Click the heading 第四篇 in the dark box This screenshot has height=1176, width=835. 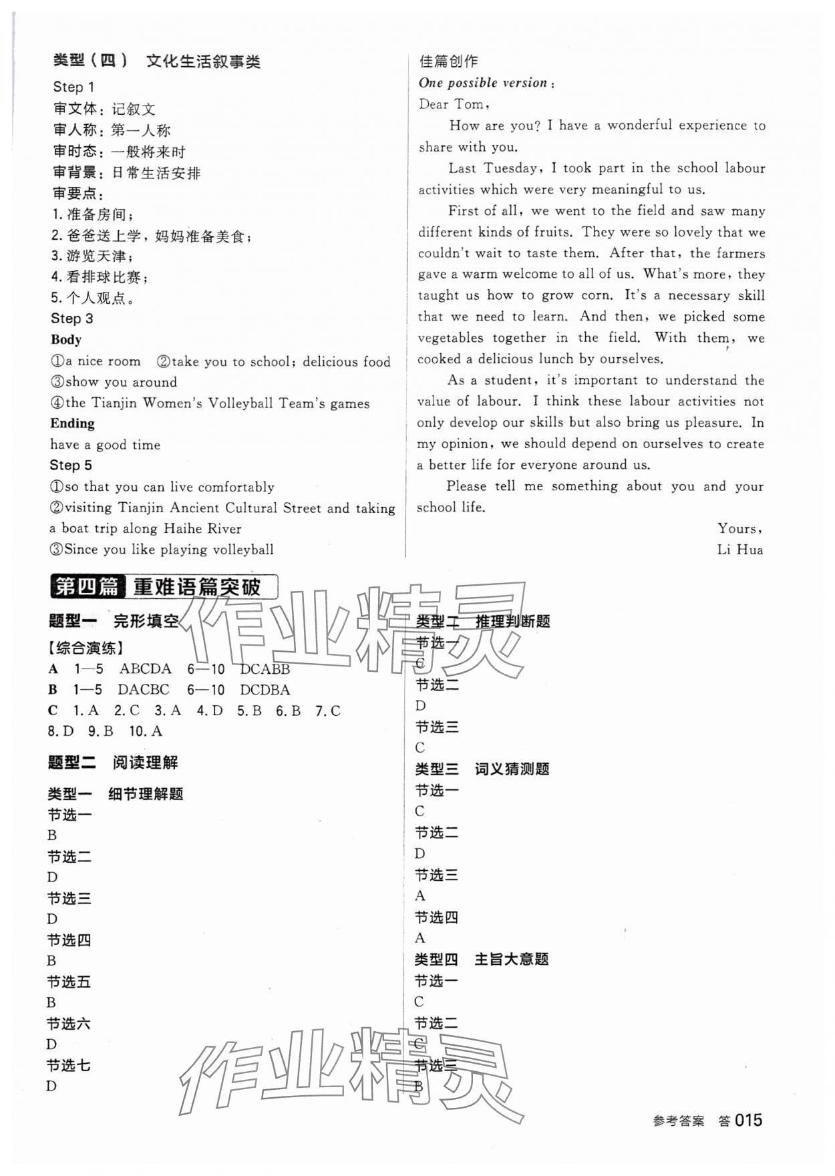point(86,587)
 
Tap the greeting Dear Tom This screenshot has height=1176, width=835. point(453,104)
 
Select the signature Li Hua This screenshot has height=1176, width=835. point(739,550)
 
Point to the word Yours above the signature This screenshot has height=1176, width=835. point(738,528)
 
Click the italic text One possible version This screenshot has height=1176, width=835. point(483,83)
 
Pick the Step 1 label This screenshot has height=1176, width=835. point(73,87)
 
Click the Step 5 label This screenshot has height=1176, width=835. point(70,465)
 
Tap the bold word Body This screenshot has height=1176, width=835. point(66,339)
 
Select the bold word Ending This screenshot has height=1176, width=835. point(72,423)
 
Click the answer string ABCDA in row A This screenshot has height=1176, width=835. point(146,668)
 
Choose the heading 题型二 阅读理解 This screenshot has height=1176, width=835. point(113,763)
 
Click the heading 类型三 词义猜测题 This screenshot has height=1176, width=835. point(482,769)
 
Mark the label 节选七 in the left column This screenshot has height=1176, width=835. point(68,1065)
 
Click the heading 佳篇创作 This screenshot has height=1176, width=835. point(448,61)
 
